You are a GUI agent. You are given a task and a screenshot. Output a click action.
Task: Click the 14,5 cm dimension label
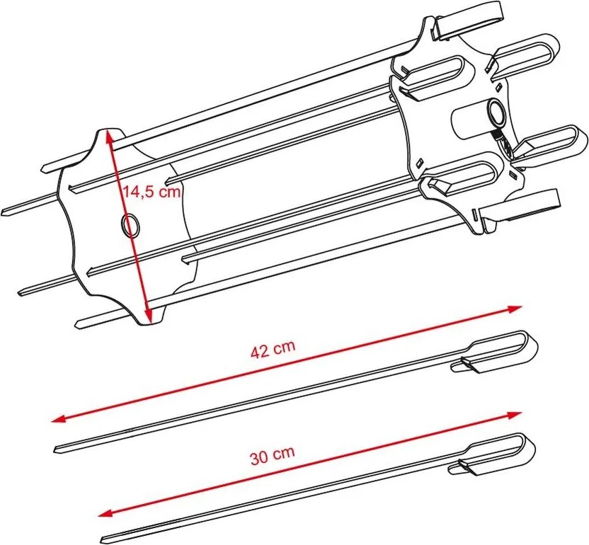(x=152, y=193)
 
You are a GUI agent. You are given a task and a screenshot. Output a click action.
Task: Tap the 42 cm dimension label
(x=273, y=349)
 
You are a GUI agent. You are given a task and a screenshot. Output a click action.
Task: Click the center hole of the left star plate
(x=130, y=225)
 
